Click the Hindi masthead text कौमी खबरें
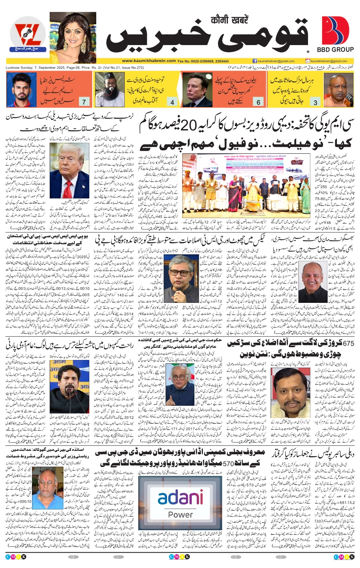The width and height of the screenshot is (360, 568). pos(229,20)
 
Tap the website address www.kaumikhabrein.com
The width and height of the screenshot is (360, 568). pos(149,61)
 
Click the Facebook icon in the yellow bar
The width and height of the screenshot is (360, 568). pos(255,61)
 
